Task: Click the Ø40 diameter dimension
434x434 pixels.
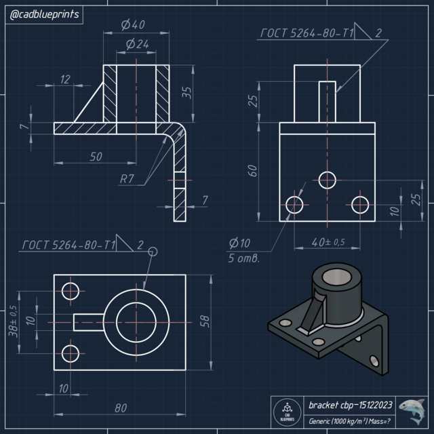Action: (x=134, y=25)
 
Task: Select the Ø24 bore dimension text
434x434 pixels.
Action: (x=137, y=44)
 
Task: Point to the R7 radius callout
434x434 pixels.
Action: (x=127, y=179)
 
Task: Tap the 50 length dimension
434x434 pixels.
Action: (x=96, y=156)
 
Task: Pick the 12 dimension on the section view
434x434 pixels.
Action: (x=65, y=80)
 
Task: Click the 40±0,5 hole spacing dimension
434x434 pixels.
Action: (x=328, y=242)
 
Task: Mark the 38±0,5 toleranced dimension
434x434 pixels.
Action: (x=13, y=321)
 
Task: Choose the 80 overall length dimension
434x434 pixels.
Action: (x=120, y=408)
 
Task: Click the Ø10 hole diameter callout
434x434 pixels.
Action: (x=239, y=243)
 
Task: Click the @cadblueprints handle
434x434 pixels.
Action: (x=44, y=14)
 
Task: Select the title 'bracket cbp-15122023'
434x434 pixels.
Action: (x=350, y=405)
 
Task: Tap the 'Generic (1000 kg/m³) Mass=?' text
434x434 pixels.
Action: (x=350, y=421)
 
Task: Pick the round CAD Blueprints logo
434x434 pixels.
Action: (x=286, y=412)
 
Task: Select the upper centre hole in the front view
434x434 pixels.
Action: (x=328, y=180)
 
